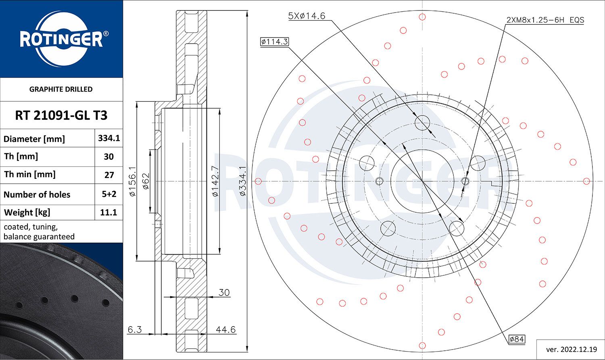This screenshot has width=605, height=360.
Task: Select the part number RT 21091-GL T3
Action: [x=61, y=115]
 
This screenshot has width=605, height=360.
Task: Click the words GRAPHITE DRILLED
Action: [x=61, y=89]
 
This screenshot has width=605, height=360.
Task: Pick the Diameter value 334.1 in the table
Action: [x=109, y=138]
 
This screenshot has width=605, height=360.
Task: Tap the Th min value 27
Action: [x=109, y=175]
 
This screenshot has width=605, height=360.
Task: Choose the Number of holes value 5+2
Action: [x=109, y=194]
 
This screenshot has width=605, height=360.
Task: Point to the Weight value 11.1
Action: [x=109, y=212]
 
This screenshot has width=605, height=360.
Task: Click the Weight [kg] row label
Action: [x=27, y=212]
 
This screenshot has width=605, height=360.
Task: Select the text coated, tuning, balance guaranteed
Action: [x=39, y=232]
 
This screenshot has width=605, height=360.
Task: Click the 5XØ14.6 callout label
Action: [x=307, y=16]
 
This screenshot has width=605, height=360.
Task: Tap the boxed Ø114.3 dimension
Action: [x=275, y=42]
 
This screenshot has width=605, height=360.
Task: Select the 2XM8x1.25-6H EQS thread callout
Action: [x=545, y=20]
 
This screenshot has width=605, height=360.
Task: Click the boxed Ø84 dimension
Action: [x=517, y=339]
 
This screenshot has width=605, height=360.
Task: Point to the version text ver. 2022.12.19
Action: [x=569, y=349]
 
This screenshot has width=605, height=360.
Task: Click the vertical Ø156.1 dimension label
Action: [x=132, y=181]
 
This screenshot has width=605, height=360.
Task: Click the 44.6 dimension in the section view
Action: [x=225, y=329]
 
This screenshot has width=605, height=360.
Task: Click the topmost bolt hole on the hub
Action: [x=422, y=122]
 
